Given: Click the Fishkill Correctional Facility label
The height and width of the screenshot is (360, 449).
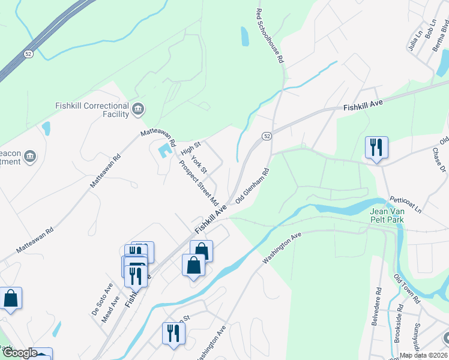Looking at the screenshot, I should pyautogui.click(x=92, y=109).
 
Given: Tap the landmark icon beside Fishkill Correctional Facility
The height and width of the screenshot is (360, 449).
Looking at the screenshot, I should pyautogui.click(x=139, y=109).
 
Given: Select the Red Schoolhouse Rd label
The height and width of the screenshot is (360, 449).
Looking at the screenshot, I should pyautogui.click(x=270, y=37).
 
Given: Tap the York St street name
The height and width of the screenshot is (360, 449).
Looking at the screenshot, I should pyautogui.click(x=199, y=165).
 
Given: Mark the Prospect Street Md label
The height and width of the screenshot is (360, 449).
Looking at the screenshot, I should pyautogui.click(x=198, y=181).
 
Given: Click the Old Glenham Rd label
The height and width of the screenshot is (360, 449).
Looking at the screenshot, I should pyautogui.click(x=252, y=186).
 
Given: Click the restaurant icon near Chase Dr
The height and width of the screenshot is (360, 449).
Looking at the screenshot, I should pyautogui.click(x=376, y=146).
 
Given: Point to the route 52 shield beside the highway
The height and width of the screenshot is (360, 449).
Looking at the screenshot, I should pyautogui.click(x=28, y=54).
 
